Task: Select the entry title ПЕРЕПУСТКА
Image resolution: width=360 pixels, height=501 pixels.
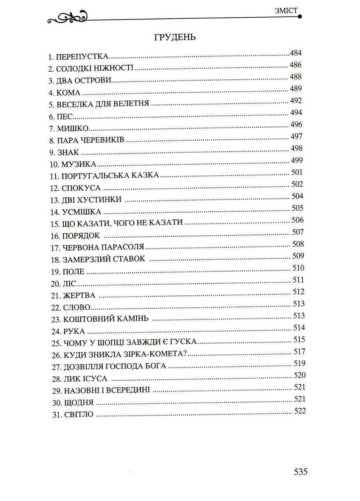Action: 82,57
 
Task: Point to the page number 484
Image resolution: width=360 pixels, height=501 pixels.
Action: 296,53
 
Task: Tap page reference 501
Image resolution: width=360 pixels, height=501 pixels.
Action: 298,172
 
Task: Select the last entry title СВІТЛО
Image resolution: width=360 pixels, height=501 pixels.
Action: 77,414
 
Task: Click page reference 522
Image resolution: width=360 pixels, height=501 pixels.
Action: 299,411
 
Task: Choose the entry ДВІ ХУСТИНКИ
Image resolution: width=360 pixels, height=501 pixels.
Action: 92,200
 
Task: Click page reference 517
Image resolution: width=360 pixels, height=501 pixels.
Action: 299,351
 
